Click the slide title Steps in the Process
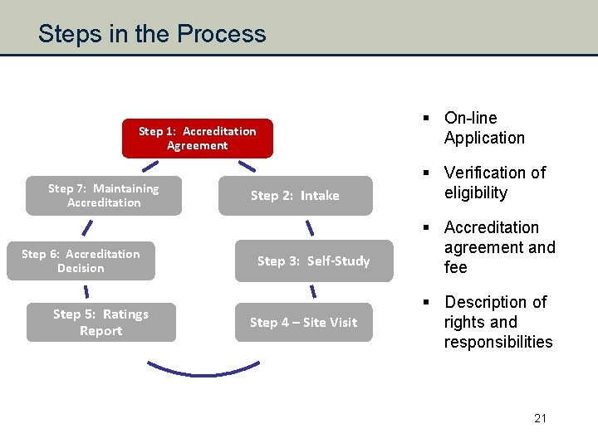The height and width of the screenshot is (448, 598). (152, 33)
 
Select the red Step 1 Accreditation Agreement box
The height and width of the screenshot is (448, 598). (197, 138)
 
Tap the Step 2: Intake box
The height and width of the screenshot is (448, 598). (295, 196)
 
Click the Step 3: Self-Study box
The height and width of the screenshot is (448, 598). (313, 261)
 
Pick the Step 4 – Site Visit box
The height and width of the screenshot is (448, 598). (303, 322)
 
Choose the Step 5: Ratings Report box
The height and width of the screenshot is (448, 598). (100, 322)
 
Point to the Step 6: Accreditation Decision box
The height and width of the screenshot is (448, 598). (81, 261)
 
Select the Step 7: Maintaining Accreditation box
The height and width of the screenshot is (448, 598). (104, 196)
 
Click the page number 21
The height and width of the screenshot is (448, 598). (540, 418)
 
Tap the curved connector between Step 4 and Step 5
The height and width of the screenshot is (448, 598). (203, 370)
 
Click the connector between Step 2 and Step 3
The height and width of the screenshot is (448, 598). (310, 226)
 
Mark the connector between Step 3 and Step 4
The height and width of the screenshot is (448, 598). (313, 291)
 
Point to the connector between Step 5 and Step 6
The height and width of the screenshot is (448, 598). (86, 291)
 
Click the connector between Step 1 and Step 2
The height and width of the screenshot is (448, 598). (247, 166)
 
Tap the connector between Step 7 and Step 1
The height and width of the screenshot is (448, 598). (149, 166)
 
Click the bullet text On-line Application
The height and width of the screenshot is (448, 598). (484, 128)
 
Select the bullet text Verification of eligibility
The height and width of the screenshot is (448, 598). (494, 183)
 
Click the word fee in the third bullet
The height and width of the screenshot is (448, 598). (456, 267)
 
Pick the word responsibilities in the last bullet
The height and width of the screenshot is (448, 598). (498, 342)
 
